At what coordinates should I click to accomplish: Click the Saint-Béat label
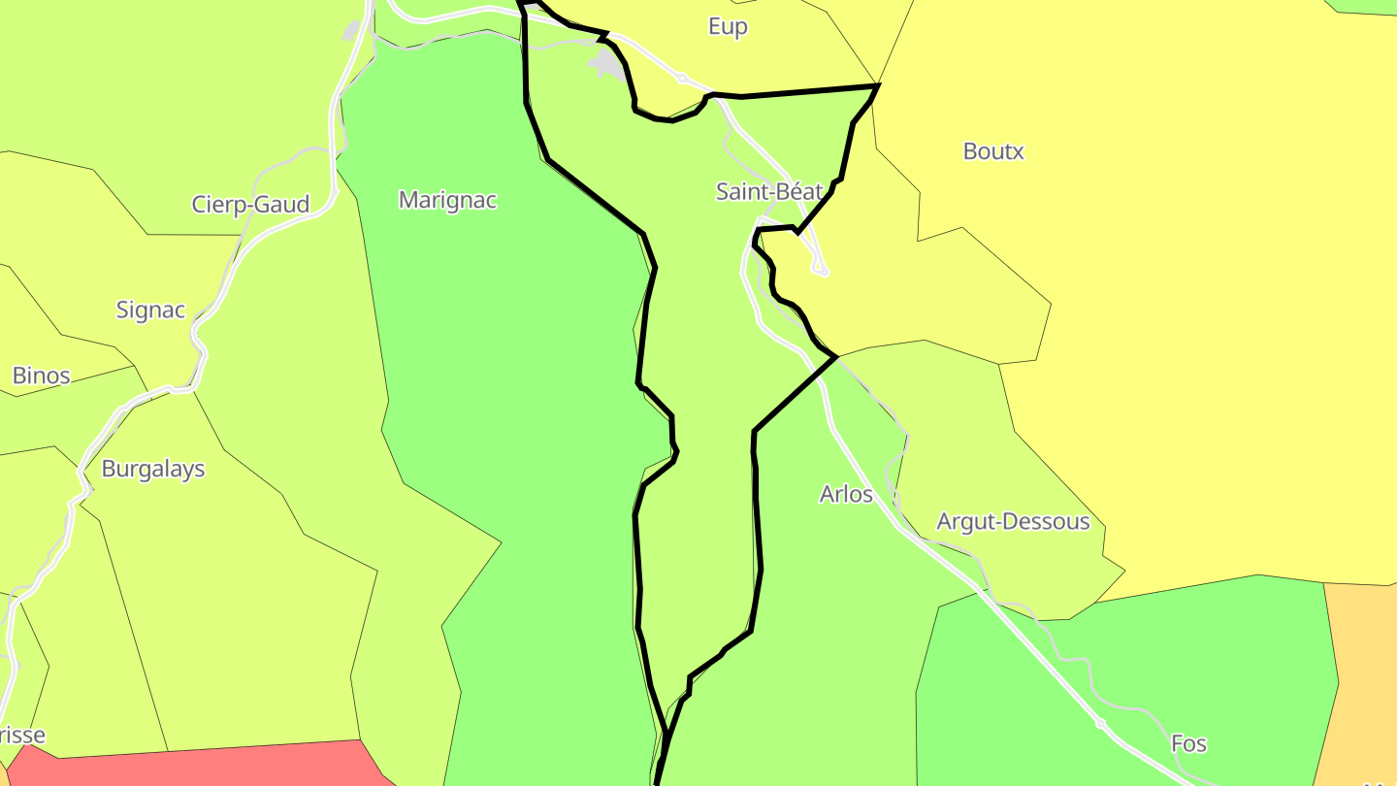[x=768, y=191]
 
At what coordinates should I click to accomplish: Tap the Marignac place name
[x=447, y=200]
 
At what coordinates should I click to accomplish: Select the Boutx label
[x=993, y=151]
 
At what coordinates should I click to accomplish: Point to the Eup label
[x=728, y=26]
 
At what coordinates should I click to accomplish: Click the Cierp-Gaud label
[x=250, y=204]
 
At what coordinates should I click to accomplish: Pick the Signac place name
[x=150, y=310]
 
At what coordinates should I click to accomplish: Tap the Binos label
[x=41, y=376]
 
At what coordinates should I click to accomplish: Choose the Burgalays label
[x=153, y=469]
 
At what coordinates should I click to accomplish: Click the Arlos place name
[x=846, y=494]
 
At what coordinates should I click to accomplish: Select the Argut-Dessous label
[x=1013, y=522]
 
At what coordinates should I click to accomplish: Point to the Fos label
[x=1188, y=743]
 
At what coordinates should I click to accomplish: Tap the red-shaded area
[x=194, y=767]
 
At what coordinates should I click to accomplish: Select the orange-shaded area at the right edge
[x=1363, y=679]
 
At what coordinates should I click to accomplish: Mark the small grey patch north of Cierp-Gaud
[x=351, y=30]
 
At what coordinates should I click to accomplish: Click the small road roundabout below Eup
[x=682, y=77]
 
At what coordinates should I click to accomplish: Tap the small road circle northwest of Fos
[x=1100, y=723]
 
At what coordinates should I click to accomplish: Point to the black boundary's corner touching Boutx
[x=877, y=86]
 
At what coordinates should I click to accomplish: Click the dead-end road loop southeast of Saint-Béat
[x=823, y=272]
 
